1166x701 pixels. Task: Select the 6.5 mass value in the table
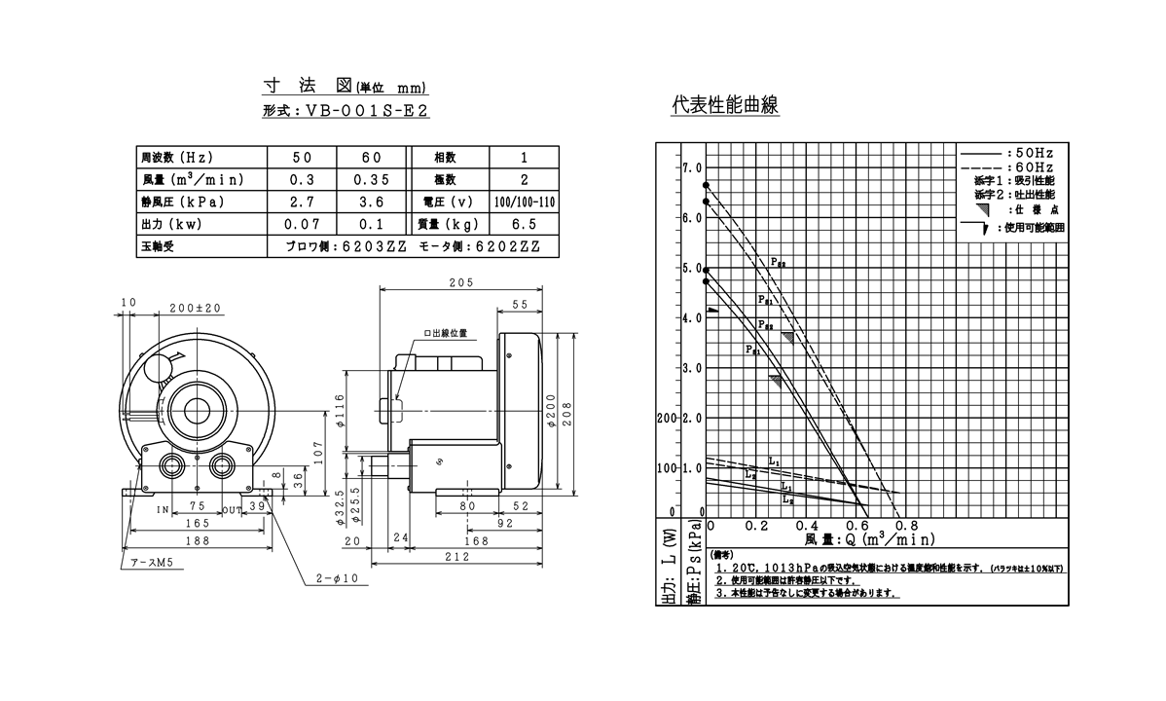(524, 225)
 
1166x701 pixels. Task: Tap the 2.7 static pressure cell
(303, 203)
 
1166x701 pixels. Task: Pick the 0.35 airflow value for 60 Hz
(372, 180)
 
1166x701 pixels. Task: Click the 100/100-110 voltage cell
(524, 203)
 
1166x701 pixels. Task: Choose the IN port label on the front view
(164, 508)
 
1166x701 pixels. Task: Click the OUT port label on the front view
(232, 508)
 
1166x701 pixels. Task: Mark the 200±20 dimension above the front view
(196, 309)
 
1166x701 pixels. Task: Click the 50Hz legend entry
(1035, 154)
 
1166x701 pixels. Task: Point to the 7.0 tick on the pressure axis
(691, 167)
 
